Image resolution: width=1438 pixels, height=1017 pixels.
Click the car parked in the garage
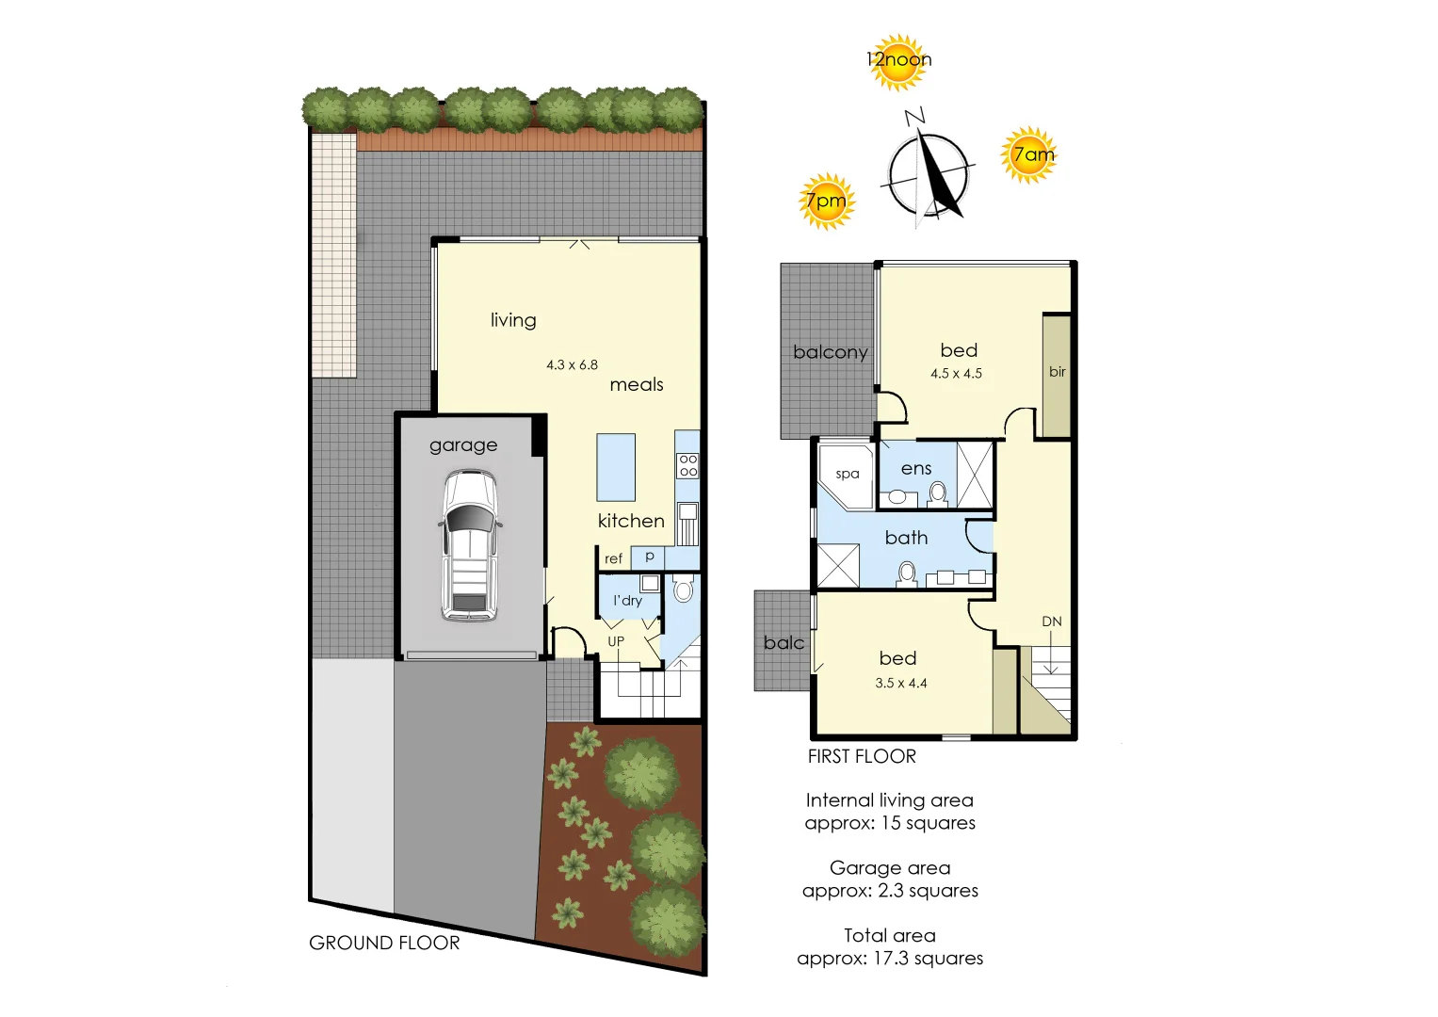click(x=469, y=546)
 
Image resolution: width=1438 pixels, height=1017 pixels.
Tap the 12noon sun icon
click(x=897, y=61)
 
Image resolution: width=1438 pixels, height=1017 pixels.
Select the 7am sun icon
click(x=1030, y=154)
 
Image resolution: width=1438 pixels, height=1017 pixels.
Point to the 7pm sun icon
click(x=826, y=201)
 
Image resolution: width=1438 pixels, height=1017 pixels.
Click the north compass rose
click(x=929, y=175)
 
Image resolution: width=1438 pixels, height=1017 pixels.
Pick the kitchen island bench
click(x=616, y=467)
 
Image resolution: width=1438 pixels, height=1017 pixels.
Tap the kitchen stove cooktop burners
click(x=688, y=465)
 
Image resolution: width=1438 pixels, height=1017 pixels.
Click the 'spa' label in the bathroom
click(x=848, y=474)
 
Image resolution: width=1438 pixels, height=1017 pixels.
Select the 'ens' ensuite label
click(x=916, y=468)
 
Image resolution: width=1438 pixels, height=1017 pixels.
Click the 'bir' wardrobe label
click(x=1058, y=372)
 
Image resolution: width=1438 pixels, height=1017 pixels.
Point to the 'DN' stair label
click(x=1052, y=621)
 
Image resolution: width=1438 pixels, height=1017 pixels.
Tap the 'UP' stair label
click(x=616, y=641)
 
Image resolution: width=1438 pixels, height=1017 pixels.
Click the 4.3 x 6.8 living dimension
click(x=572, y=364)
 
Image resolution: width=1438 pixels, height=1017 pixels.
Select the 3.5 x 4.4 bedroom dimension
click(x=901, y=683)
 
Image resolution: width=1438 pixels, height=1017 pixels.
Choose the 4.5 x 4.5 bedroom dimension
click(x=956, y=373)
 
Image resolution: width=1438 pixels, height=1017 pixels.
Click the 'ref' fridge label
click(x=613, y=558)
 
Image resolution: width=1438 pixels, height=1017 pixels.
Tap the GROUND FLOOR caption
click(x=384, y=943)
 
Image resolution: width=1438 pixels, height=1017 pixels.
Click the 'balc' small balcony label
click(x=784, y=642)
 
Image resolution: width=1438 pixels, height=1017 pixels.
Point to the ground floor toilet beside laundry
click(x=684, y=590)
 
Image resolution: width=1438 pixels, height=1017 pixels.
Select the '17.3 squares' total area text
click(x=928, y=958)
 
